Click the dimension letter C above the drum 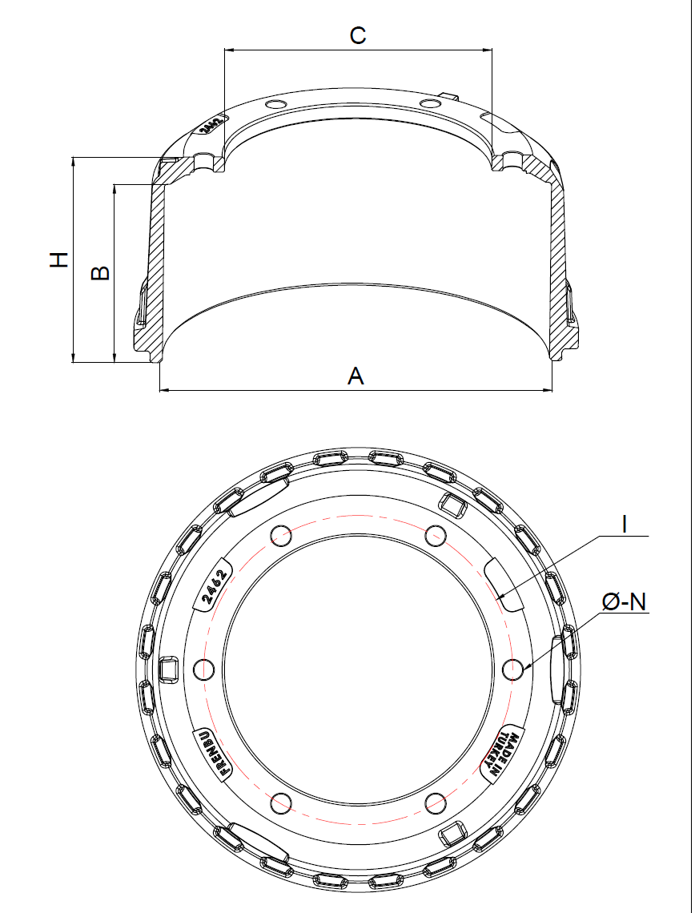coord(357,35)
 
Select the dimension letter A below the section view coord(356,376)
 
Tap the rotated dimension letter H coord(58,259)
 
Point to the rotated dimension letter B coord(101,272)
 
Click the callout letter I coord(625,525)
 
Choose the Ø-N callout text coord(624,602)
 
